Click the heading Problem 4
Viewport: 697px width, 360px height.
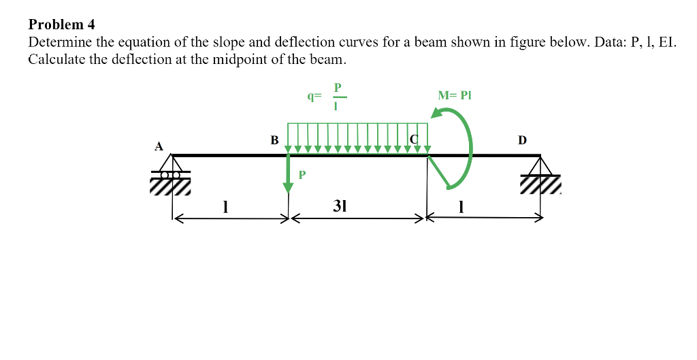click(61, 24)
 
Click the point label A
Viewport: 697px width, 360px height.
click(159, 146)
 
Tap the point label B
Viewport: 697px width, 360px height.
click(274, 140)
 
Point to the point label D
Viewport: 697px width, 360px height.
click(522, 140)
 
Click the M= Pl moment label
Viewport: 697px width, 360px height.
click(455, 95)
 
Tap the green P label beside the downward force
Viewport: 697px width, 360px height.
click(302, 175)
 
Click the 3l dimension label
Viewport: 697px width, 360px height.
click(340, 206)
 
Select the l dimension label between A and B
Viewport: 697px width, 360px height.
click(225, 206)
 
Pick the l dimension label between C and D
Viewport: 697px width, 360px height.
click(462, 206)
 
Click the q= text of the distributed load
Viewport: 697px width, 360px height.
click(314, 97)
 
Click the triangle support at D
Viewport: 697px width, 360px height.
click(542, 165)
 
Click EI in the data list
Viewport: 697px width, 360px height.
click(666, 42)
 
